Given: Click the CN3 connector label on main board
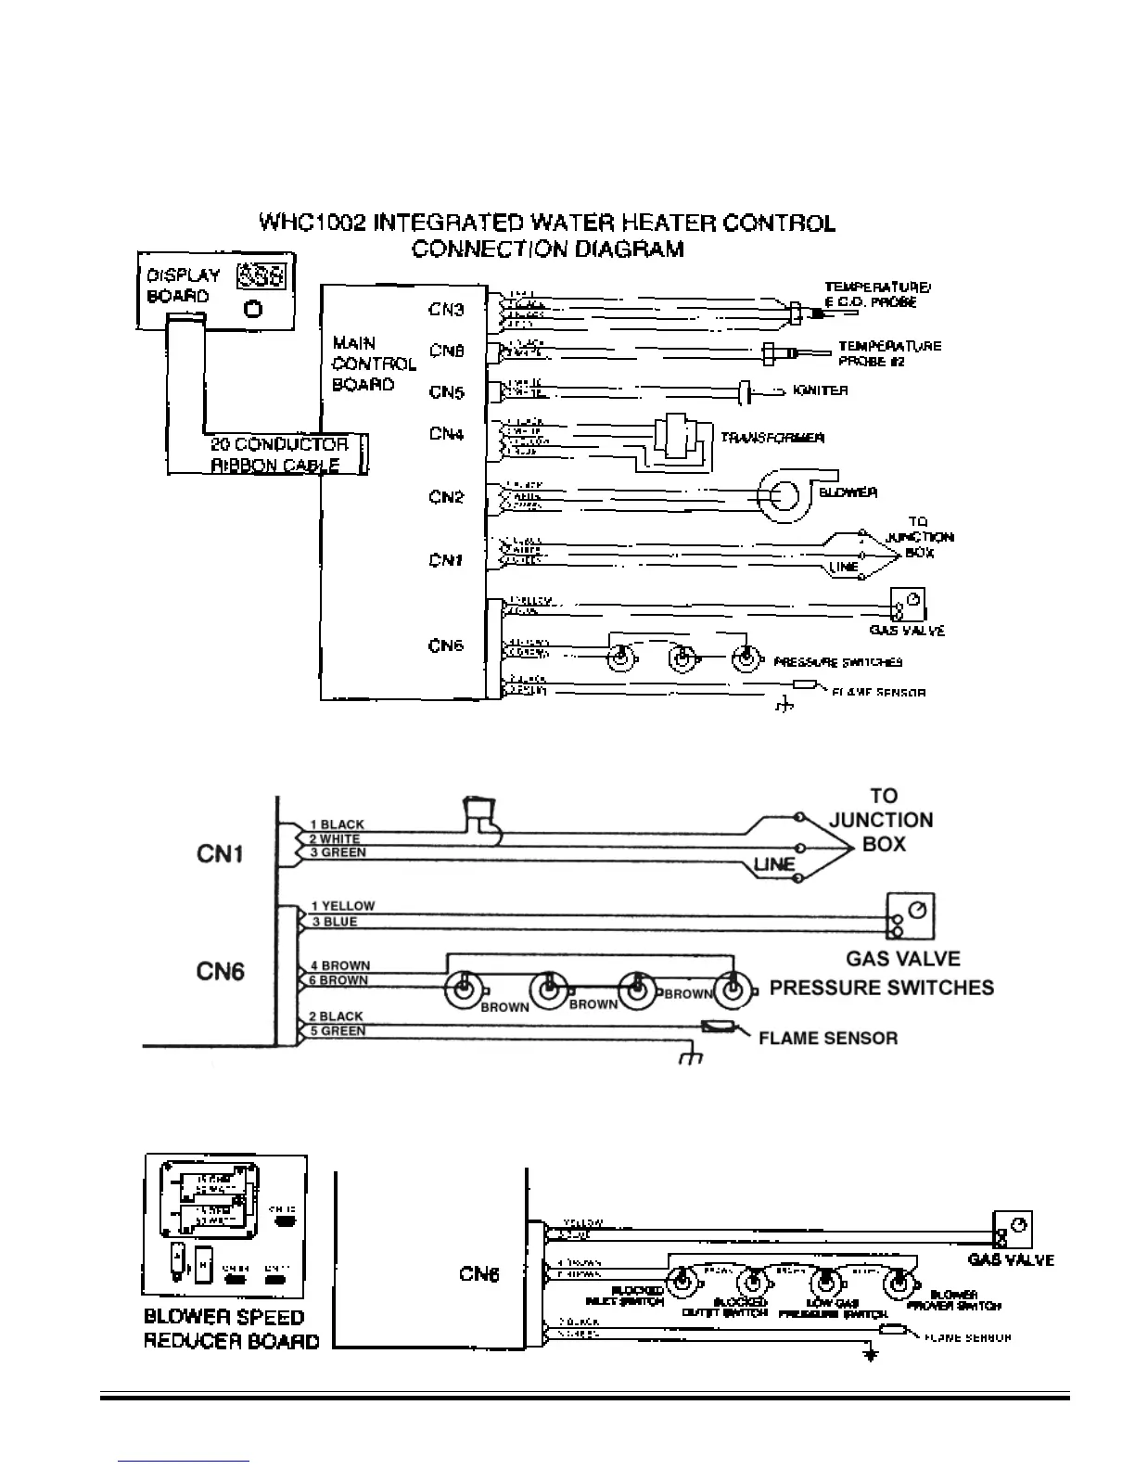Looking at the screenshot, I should (x=446, y=309).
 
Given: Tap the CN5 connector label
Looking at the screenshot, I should (x=446, y=392).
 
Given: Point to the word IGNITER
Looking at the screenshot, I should (x=821, y=390).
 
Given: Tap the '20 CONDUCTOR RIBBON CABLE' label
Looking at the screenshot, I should (x=278, y=454).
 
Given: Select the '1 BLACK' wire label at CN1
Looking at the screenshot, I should (x=337, y=824).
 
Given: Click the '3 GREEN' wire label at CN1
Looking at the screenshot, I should (x=338, y=852).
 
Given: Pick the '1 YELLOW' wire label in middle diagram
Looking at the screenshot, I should (x=342, y=906).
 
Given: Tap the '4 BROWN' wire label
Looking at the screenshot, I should (x=339, y=965).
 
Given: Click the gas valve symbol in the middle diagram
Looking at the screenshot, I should (x=911, y=916).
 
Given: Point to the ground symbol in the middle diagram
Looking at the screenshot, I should (x=691, y=1056).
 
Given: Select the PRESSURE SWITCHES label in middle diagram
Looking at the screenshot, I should (x=881, y=988).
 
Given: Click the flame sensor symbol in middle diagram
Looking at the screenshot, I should (x=720, y=1027).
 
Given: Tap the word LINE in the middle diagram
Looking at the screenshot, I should (x=774, y=864).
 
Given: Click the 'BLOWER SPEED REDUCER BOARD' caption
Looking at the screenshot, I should (x=232, y=1329).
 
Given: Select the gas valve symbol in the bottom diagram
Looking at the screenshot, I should (x=1013, y=1229).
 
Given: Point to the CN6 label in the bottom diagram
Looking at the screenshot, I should (x=479, y=1274).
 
